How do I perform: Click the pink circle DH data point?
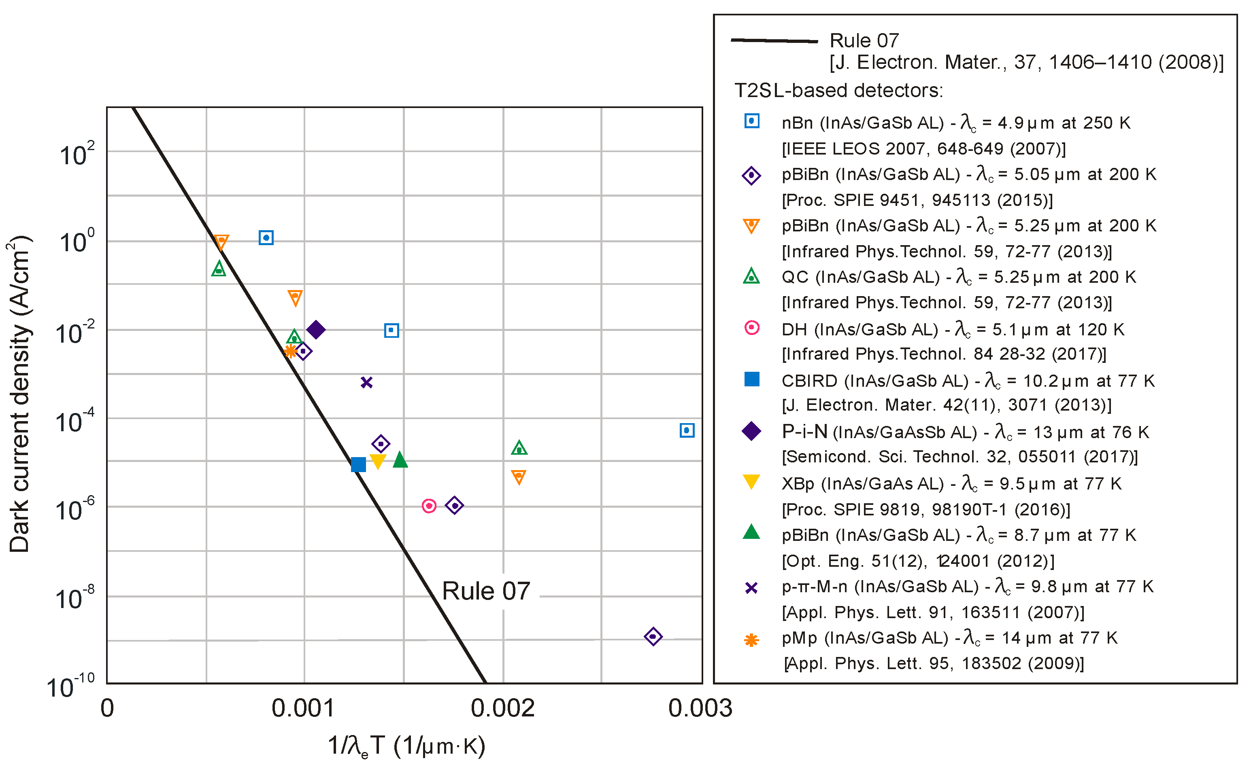429,506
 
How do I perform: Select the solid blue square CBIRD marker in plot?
358,464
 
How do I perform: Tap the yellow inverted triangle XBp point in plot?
378,461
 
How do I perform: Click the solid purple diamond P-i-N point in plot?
316,330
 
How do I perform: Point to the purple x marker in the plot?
366,382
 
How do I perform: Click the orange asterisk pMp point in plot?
290,350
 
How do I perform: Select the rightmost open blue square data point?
687,430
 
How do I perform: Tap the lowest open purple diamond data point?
653,636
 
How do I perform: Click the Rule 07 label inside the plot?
486,591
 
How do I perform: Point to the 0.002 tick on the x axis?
503,708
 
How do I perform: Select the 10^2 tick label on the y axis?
76,154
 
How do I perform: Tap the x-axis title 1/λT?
406,746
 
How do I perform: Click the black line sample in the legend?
774,40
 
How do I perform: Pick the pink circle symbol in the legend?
751,328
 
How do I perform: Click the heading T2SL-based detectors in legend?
839,90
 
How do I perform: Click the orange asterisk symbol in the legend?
751,640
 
